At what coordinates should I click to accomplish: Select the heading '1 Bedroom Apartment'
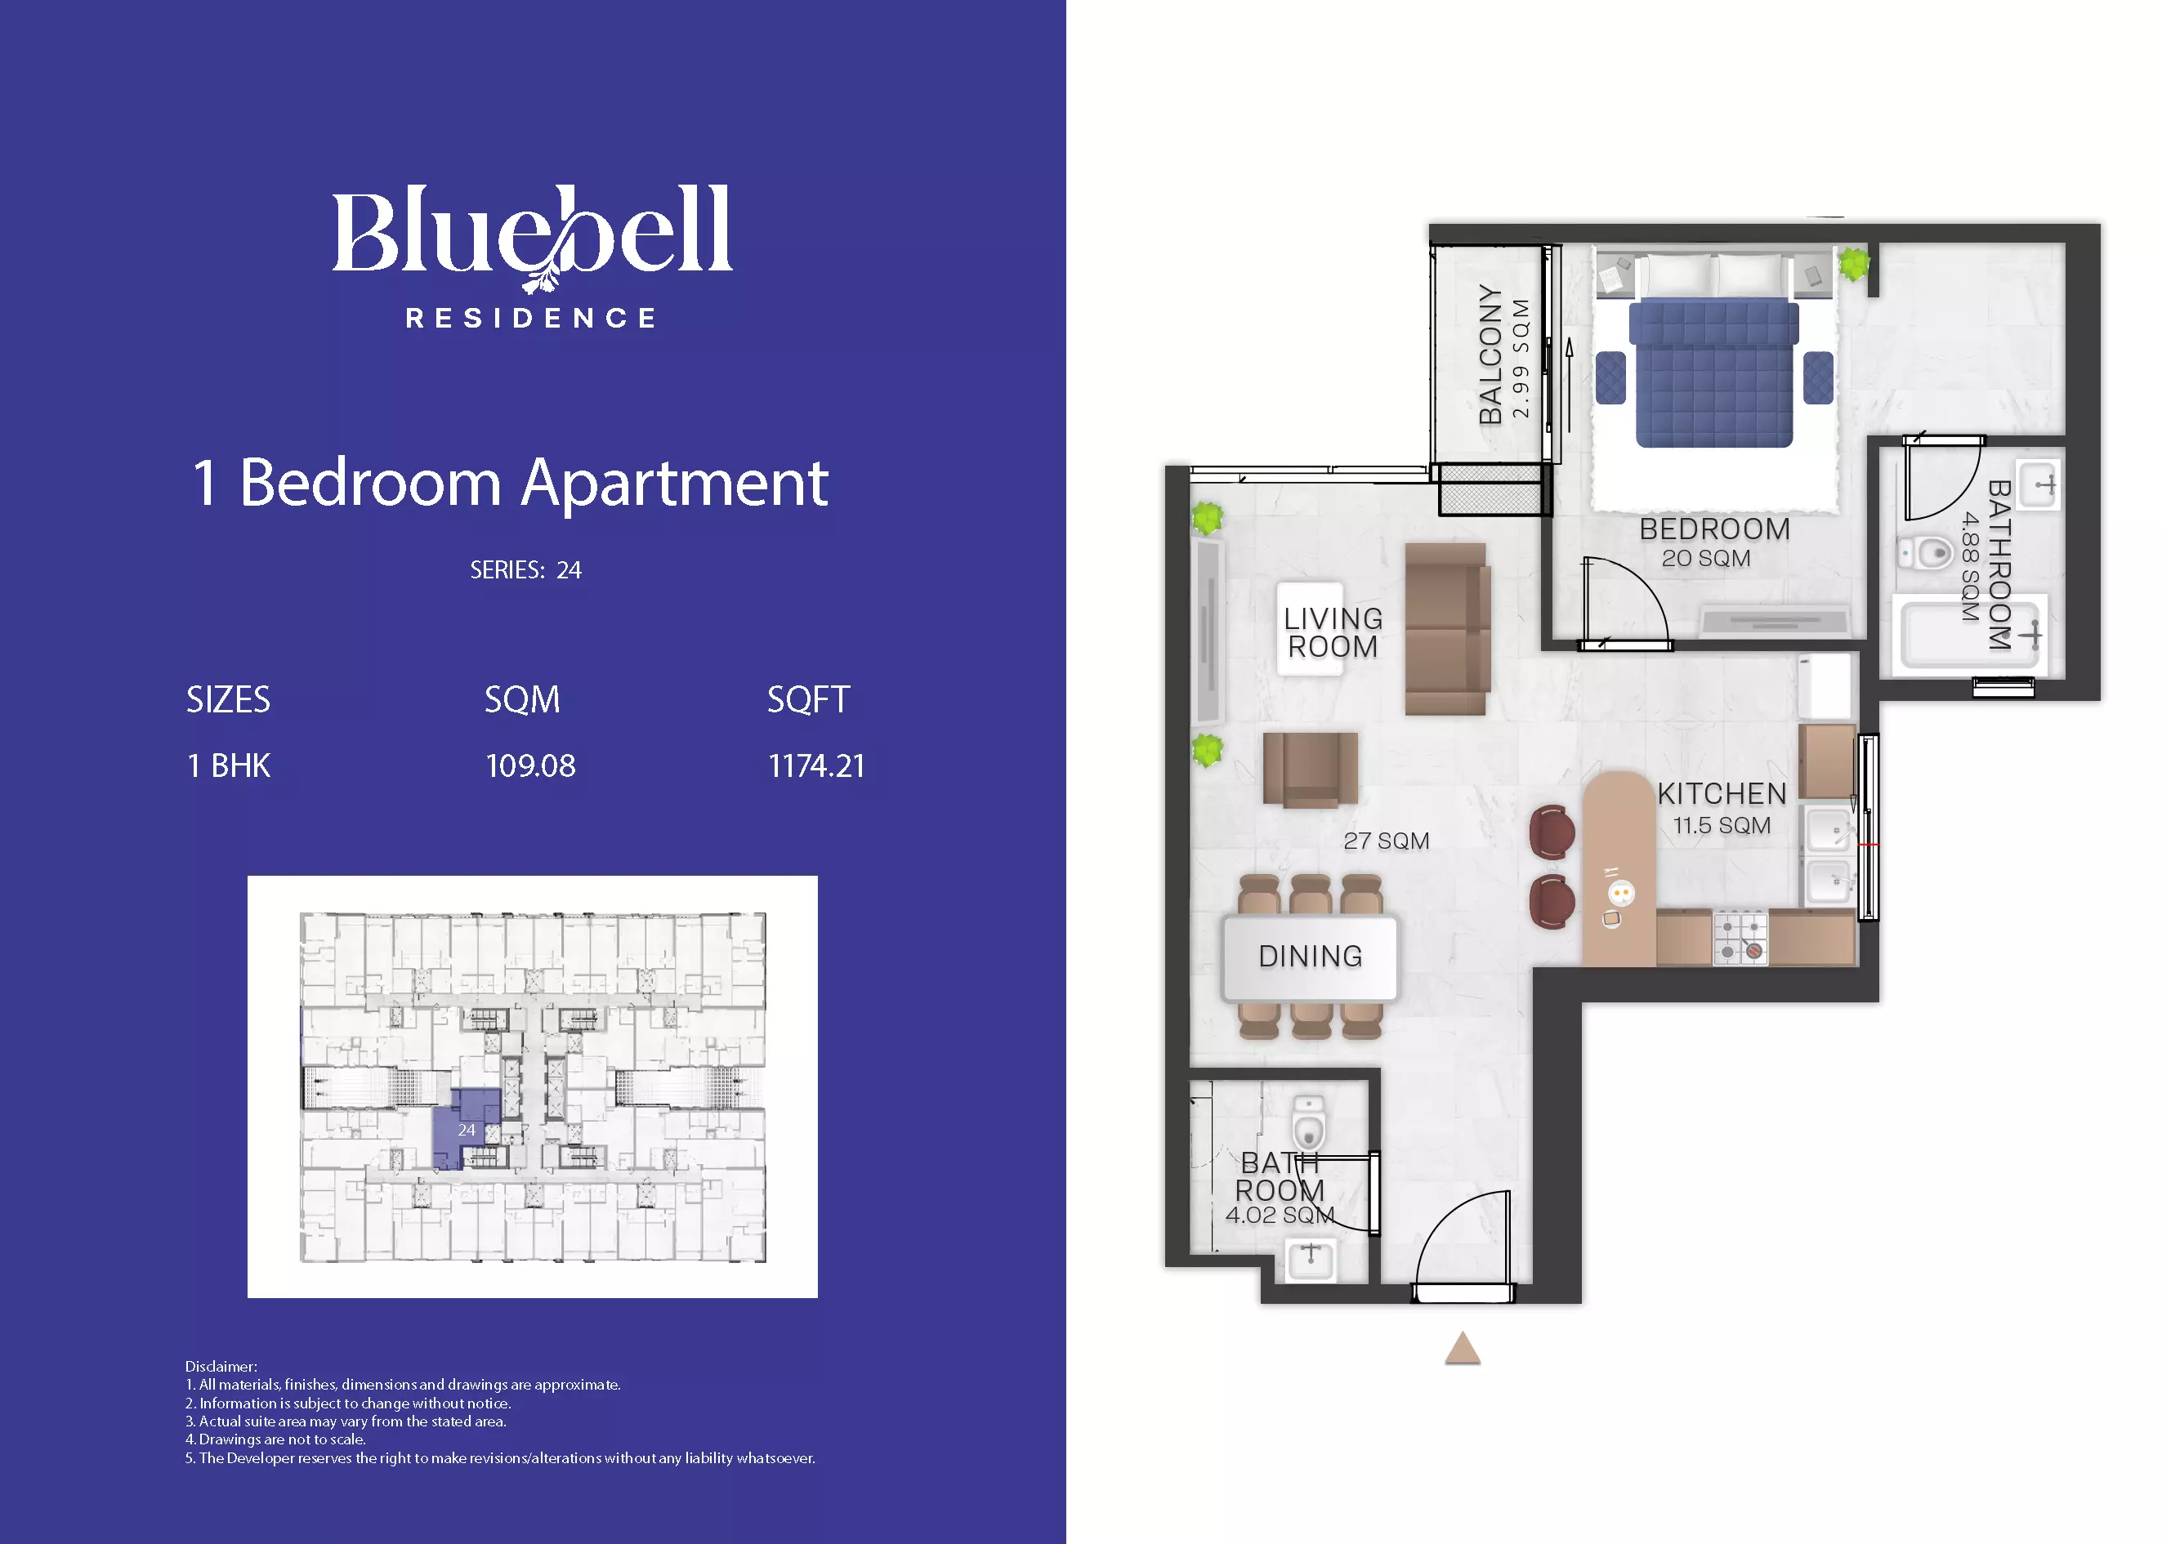point(511,483)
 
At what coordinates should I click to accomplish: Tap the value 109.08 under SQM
point(530,766)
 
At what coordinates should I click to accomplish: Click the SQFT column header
point(808,700)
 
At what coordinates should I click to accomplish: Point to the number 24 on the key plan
point(466,1131)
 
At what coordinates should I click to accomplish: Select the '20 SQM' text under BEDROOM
point(1705,559)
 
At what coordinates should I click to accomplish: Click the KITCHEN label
point(1722,794)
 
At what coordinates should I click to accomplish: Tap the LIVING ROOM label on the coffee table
point(1333,633)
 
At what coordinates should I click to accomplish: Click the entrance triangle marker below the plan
point(1463,1348)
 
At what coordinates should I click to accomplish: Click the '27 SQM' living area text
point(1387,841)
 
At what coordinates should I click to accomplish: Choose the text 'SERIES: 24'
point(525,570)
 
